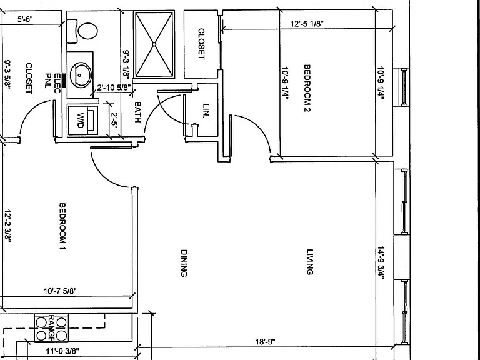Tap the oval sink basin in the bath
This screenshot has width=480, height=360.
[x=81, y=75]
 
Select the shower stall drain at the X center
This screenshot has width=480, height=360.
[x=154, y=44]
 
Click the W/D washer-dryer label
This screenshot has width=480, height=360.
[x=80, y=120]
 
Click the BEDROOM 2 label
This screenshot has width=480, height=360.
[x=307, y=88]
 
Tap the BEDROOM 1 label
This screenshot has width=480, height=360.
[x=62, y=226]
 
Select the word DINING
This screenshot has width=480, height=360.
[x=184, y=263]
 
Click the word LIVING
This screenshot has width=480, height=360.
[x=310, y=262]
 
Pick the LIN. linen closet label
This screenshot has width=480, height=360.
[x=207, y=111]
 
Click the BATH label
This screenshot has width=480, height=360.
[x=137, y=112]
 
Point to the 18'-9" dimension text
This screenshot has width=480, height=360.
[x=266, y=342]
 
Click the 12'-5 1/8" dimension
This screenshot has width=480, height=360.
[x=307, y=24]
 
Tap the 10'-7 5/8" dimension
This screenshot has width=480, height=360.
[x=60, y=291]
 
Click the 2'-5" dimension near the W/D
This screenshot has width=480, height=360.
[x=114, y=120]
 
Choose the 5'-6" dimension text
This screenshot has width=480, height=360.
[x=25, y=19]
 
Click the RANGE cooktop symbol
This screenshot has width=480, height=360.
[x=51, y=328]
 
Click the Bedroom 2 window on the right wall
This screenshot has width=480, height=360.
[x=404, y=87]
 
